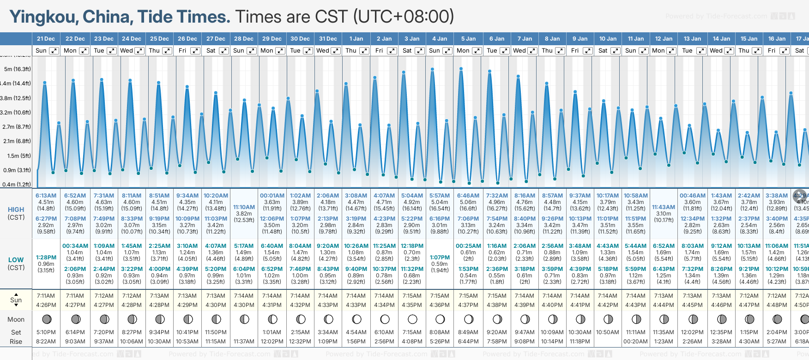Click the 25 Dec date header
coord(159,39)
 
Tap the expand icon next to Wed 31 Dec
coord(336,51)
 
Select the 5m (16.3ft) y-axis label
coord(17,69)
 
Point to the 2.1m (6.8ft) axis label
coord(17,141)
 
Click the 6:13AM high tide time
coord(46,196)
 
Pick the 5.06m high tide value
coord(468,202)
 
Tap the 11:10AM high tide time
coord(244,207)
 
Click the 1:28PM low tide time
coord(46,258)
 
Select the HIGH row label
coord(16,210)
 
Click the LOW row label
coord(16,260)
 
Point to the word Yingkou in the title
coord(43,17)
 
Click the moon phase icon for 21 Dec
coord(46,319)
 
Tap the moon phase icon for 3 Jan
coord(412,319)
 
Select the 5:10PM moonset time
coord(46,332)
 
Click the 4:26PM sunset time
coord(46,305)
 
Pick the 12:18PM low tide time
coord(412,246)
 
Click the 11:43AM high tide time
coord(664,207)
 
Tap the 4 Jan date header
coord(440,39)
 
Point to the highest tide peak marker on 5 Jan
coord(461,69)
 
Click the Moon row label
coord(16,319)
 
